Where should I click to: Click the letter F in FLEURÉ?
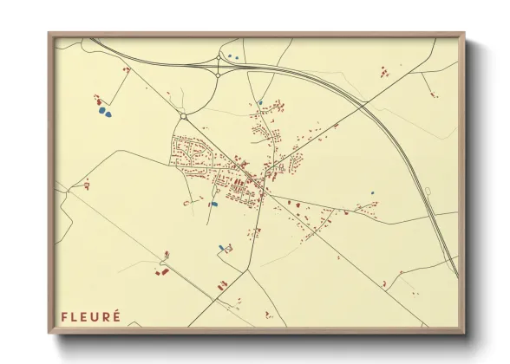[x=63, y=316]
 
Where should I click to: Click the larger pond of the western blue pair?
[x=104, y=112]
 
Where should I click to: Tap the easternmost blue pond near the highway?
[x=372, y=192]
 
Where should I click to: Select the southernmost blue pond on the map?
[x=221, y=248]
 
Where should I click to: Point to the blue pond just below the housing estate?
[x=213, y=205]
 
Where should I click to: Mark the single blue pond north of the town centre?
[x=259, y=103]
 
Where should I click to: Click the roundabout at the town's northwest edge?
[x=183, y=116]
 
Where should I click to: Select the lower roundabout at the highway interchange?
[x=217, y=75]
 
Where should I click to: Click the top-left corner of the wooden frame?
[x=49, y=34]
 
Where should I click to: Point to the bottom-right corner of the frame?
[x=464, y=333]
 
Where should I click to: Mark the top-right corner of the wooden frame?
[x=464, y=34]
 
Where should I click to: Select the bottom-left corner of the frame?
[x=49, y=333]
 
